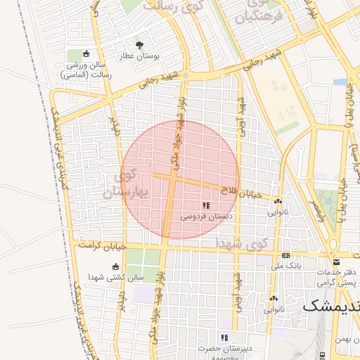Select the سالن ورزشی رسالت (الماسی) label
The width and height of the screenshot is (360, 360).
86,69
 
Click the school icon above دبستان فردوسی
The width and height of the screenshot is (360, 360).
206,205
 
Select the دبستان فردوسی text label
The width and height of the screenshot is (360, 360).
203,217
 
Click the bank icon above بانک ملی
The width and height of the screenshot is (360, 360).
285,256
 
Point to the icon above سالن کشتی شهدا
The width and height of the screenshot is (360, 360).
115,266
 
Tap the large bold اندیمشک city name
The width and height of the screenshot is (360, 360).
330,307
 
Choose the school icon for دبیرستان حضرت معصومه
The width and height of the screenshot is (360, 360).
225,337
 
